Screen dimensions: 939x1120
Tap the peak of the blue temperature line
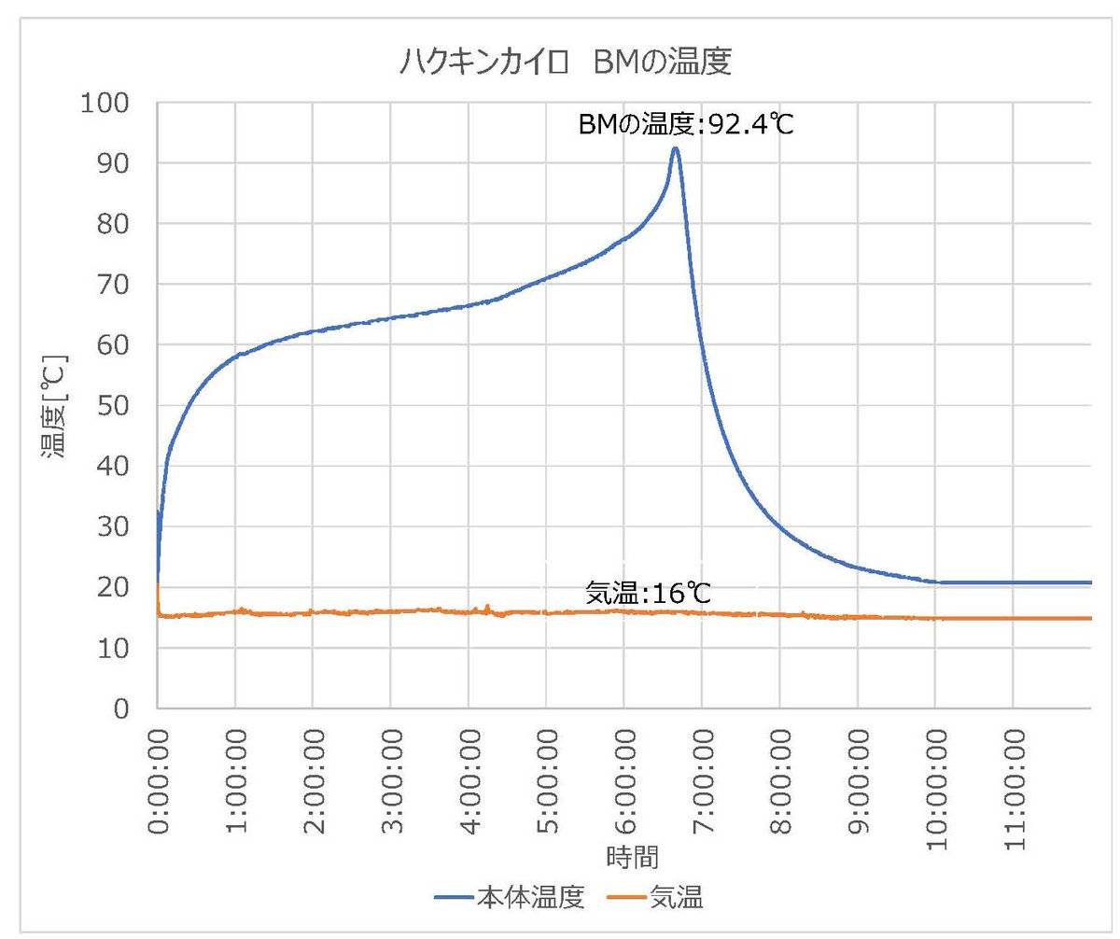pyautogui.click(x=675, y=148)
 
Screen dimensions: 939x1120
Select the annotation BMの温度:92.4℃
pyautogui.click(x=686, y=123)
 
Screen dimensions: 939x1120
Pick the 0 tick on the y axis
pyautogui.click(x=122, y=708)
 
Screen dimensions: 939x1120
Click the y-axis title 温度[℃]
pyautogui.click(x=54, y=406)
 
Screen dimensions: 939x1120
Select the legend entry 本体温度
pyautogui.click(x=530, y=898)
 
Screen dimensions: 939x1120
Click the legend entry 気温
pyautogui.click(x=677, y=898)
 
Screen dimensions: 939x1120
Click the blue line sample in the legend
pyautogui.click(x=455, y=899)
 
